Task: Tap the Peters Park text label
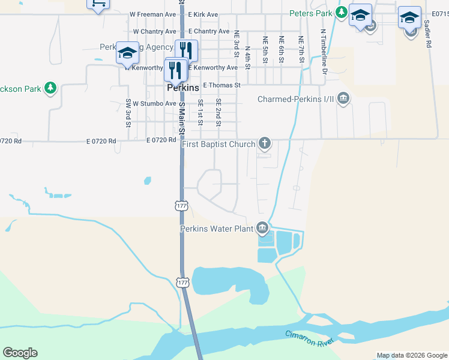pyautogui.click(x=311, y=13)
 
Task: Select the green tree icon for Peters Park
pyautogui.click(x=341, y=12)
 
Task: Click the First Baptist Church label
pyautogui.click(x=218, y=144)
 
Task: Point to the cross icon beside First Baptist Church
pyautogui.click(x=264, y=143)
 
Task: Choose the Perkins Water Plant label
pyautogui.click(x=217, y=229)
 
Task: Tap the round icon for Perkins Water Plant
pyautogui.click(x=262, y=228)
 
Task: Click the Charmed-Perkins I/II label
pyautogui.click(x=295, y=99)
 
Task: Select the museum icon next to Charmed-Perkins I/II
pyautogui.click(x=343, y=98)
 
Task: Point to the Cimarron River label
pyautogui.click(x=309, y=338)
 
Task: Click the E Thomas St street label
pyautogui.click(x=221, y=85)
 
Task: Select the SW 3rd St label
pyautogui.click(x=128, y=113)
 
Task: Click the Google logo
pyautogui.click(x=20, y=353)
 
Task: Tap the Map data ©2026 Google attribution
pyautogui.click(x=412, y=355)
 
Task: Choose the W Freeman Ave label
pyautogui.click(x=153, y=14)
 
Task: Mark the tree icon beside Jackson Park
pyautogui.click(x=50, y=88)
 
